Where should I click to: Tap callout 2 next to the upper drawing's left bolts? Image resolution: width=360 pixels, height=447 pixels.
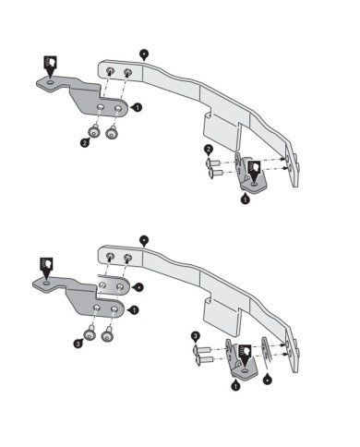tap(84, 143)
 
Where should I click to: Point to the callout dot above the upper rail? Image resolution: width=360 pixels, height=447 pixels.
tap(144, 53)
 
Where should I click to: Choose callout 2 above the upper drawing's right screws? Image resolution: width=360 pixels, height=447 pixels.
tap(209, 150)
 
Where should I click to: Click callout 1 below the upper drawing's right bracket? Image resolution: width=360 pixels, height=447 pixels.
tap(245, 198)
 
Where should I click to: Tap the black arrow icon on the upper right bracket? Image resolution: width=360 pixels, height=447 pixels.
tap(255, 167)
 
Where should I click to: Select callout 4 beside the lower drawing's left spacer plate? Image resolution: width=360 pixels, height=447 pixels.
tap(138, 286)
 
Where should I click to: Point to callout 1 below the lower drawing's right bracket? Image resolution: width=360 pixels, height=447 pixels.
tap(235, 388)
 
